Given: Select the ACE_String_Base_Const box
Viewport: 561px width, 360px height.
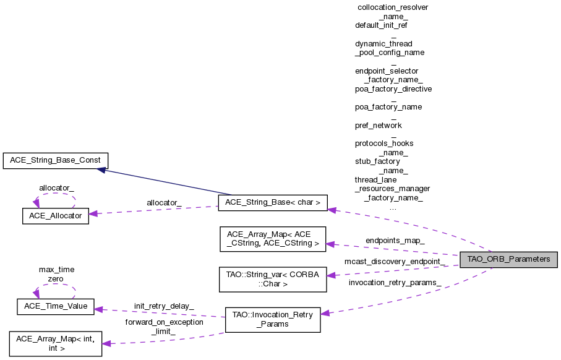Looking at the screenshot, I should click(56, 160).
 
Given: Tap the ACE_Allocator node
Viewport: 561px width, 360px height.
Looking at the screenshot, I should click(55, 216).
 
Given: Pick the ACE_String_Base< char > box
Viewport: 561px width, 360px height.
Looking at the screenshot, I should click(273, 202).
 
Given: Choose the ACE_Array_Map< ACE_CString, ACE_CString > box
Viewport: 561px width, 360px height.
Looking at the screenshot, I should click(273, 239).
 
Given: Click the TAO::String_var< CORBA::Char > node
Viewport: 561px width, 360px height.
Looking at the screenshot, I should click(273, 280).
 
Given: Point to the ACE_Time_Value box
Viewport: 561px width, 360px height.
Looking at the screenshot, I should click(55, 306).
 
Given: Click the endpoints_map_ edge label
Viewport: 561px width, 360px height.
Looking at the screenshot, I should click(395, 240).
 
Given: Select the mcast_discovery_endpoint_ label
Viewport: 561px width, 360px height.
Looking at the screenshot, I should click(395, 262).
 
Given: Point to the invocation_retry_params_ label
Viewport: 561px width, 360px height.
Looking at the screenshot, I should click(395, 283).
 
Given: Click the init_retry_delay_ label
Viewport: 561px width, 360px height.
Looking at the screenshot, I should click(163, 306).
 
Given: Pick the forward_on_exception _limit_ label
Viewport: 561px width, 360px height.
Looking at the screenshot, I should click(164, 327).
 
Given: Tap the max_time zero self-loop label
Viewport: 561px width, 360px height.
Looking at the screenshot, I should click(56, 274).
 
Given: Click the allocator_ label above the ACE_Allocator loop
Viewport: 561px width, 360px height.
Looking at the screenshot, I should click(56, 187).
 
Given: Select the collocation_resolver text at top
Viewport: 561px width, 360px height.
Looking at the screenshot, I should click(393, 7).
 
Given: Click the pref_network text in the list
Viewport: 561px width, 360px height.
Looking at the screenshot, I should click(378, 125).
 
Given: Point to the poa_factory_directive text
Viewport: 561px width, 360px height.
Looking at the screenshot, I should click(393, 88).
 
